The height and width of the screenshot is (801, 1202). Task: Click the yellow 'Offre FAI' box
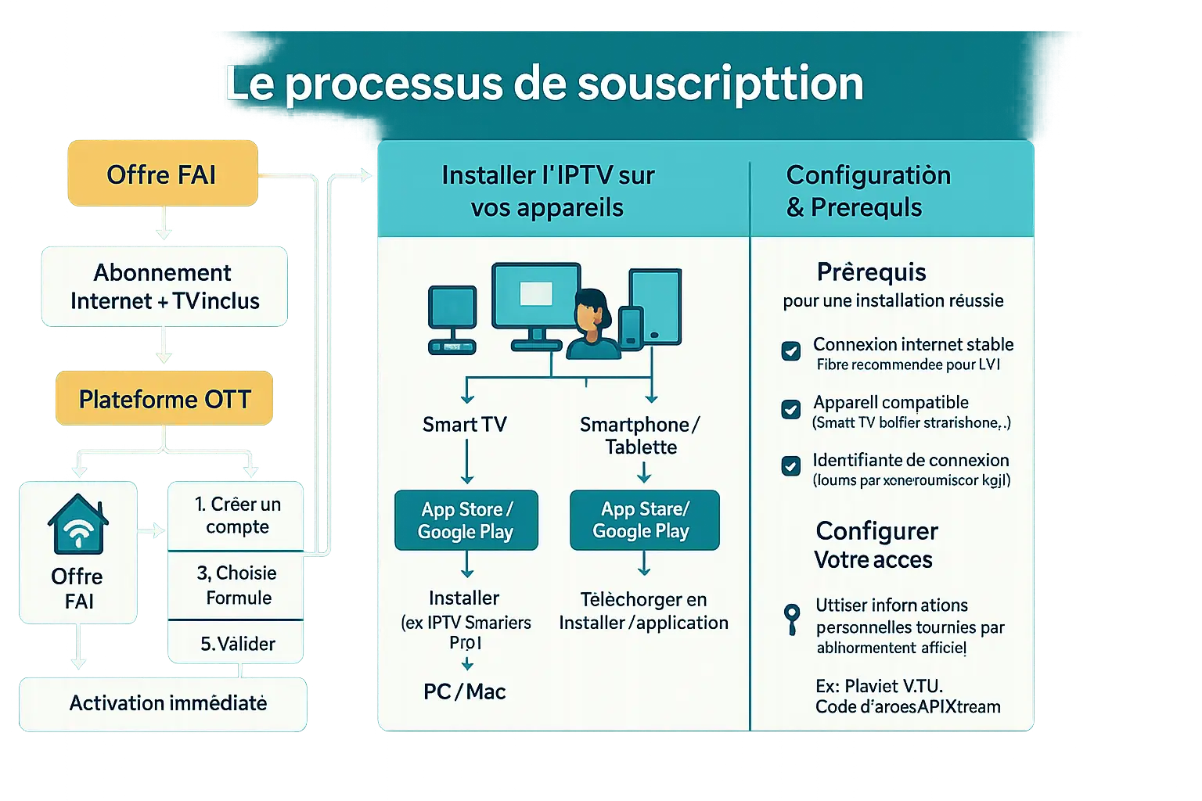[162, 174]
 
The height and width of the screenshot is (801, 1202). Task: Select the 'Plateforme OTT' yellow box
[164, 399]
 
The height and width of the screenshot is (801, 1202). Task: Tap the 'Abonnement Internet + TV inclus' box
[164, 286]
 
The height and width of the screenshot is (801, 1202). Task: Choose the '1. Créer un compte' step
[237, 515]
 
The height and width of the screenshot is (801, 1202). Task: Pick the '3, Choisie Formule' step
[237, 585]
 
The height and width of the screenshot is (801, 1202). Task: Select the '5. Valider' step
[237, 643]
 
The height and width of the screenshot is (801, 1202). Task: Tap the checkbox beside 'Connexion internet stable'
[791, 350]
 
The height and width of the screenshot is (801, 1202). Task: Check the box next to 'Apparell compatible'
[791, 409]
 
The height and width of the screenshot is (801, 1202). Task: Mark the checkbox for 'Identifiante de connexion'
[791, 466]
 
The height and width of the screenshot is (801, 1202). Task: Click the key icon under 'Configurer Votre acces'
[792, 618]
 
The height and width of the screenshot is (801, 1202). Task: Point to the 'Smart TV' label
[465, 425]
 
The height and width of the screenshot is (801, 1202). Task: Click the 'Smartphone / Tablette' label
[641, 436]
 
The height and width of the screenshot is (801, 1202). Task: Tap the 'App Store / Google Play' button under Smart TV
[466, 520]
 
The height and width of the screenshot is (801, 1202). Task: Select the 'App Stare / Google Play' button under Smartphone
[643, 520]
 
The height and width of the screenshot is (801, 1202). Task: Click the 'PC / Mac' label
[465, 691]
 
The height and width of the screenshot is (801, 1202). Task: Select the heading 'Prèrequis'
[871, 272]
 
